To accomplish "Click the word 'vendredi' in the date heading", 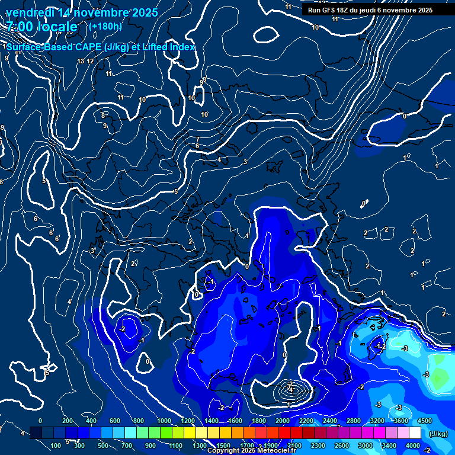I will [x=30, y=12].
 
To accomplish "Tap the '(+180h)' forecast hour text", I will [x=105, y=26].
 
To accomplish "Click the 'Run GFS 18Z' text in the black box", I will [x=328, y=10].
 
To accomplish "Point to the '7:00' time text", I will [x=19, y=27].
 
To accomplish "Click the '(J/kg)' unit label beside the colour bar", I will [x=438, y=434].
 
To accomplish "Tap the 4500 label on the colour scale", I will [x=425, y=421].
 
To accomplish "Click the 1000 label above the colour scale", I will [x=164, y=421].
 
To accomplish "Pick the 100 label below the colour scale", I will [x=56, y=446].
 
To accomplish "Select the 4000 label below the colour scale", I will [x=413, y=446].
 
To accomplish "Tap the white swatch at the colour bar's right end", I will [x=414, y=433].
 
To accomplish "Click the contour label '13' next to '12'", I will [x=81, y=61].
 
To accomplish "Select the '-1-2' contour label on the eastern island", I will [x=380, y=346].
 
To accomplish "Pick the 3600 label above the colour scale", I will [x=400, y=421].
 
